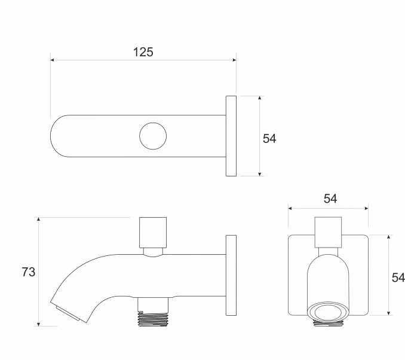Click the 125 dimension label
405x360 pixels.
(143, 52)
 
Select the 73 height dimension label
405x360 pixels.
(29, 272)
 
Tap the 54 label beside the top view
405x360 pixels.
(269, 139)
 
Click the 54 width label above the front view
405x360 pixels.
(330, 199)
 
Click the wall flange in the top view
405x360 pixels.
(231, 136)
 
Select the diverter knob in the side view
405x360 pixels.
(153, 233)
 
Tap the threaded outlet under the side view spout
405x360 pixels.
(153, 319)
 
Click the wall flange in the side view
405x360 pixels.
(231, 275)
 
